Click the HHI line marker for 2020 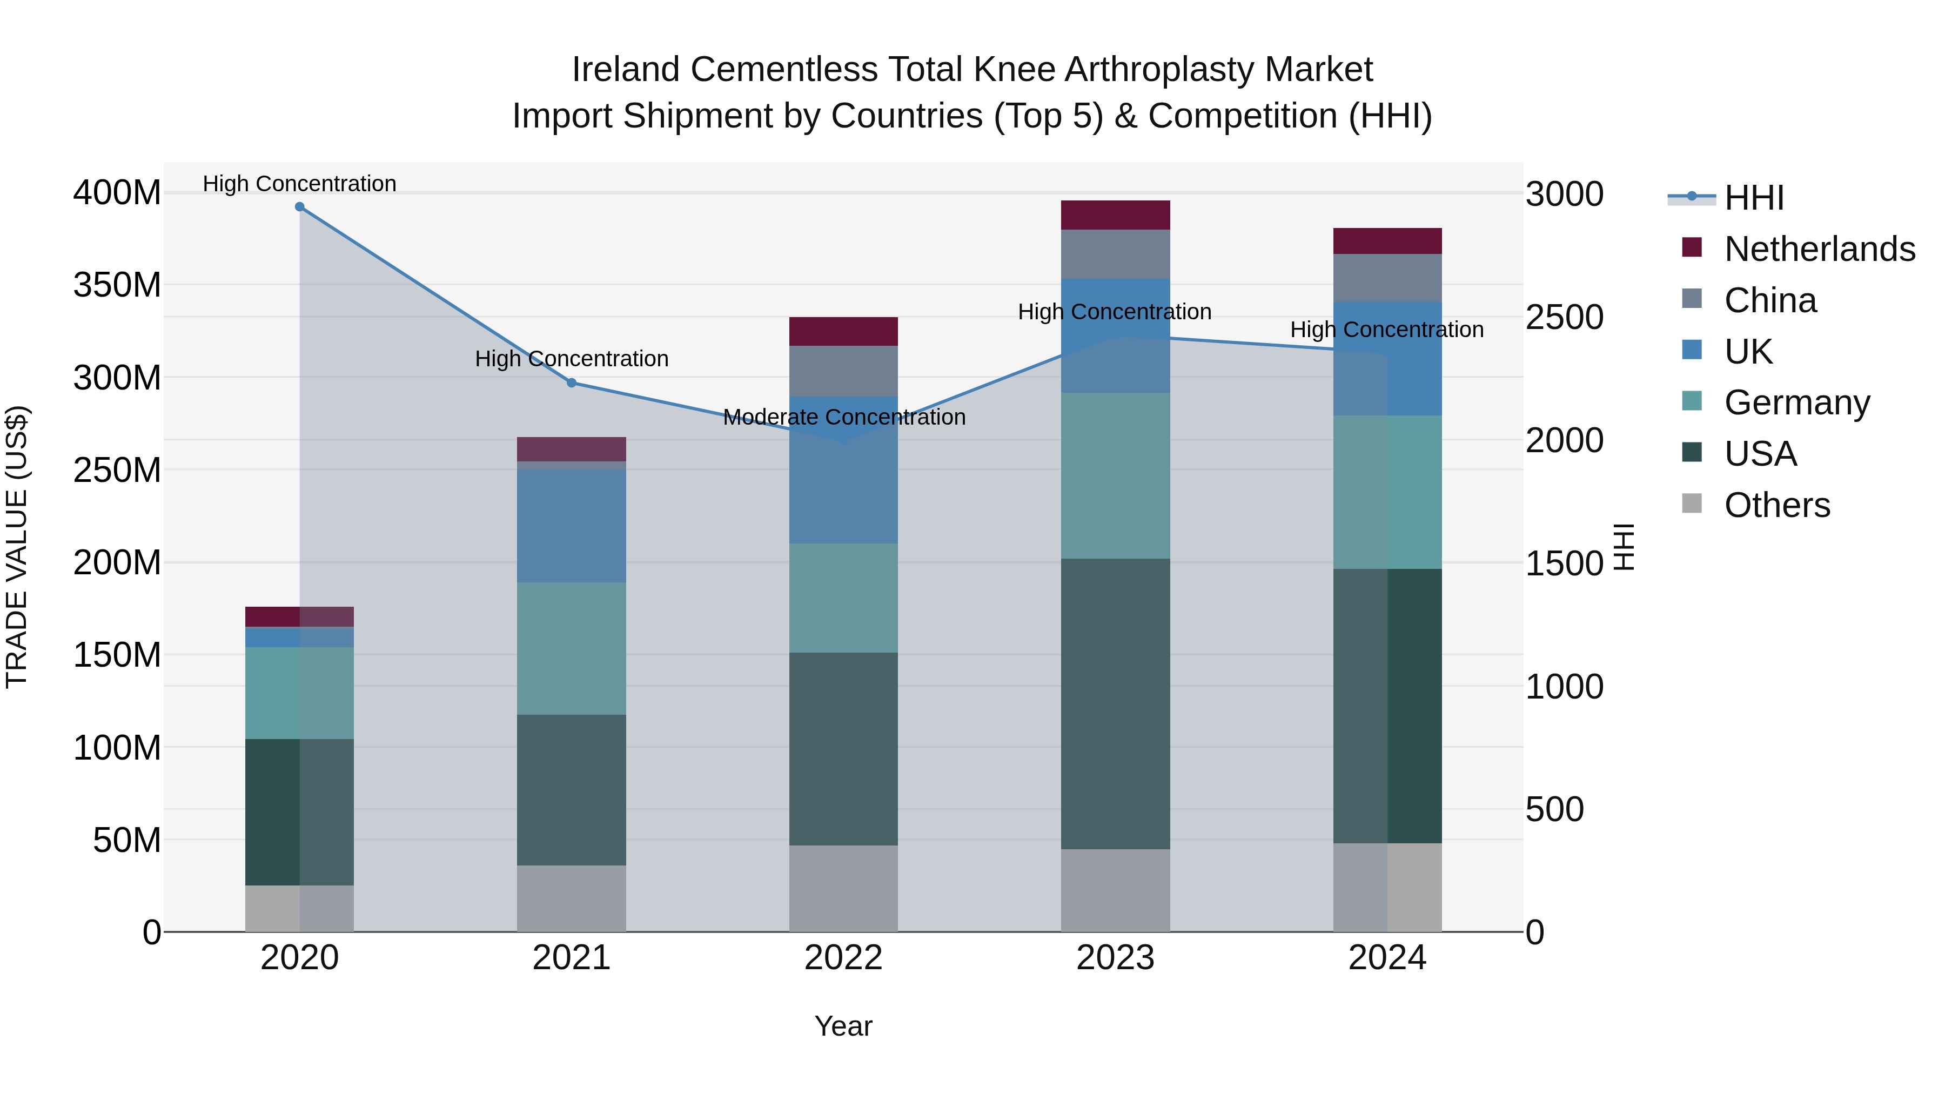(300, 207)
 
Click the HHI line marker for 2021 (572, 383)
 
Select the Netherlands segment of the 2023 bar (1115, 215)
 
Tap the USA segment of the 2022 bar (843, 748)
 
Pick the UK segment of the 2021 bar (572, 526)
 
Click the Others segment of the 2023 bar (1115, 890)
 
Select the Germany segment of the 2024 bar (1387, 492)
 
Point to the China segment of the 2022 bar (843, 371)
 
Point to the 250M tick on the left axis (117, 469)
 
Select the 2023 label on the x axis (1115, 958)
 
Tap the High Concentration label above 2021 (572, 359)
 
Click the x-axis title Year (843, 1026)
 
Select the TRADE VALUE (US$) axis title (17, 547)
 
